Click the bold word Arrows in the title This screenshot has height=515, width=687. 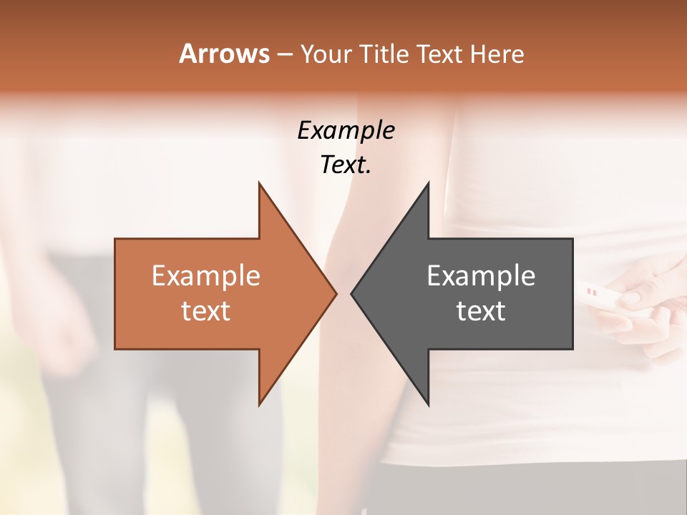tap(224, 54)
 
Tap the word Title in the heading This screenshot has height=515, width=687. tap(384, 54)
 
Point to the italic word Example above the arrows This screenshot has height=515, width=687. tap(346, 130)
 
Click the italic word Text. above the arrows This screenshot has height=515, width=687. tap(346, 165)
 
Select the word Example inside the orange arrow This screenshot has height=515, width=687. tap(206, 276)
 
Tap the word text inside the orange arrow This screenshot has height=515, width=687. tap(206, 311)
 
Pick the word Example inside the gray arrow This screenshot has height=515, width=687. tap(481, 276)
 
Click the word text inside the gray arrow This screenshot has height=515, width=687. tap(481, 311)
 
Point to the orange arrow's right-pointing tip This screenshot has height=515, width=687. tap(333, 293)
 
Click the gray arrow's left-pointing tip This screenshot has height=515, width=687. tap(355, 293)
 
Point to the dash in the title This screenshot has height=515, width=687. tap(285, 55)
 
